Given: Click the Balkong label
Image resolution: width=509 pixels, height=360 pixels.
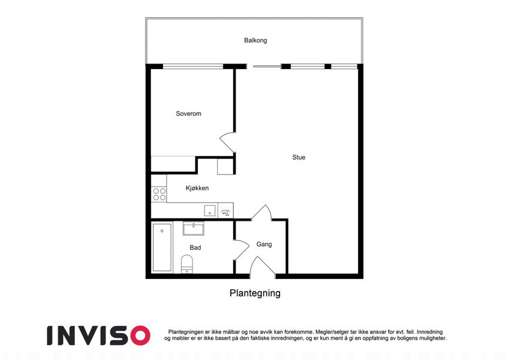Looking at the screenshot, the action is click(255, 40).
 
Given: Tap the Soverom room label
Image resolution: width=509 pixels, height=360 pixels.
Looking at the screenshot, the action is click(188, 113).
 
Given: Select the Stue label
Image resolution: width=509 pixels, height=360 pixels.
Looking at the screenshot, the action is click(299, 157).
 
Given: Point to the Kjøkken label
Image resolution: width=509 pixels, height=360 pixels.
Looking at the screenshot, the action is click(197, 188).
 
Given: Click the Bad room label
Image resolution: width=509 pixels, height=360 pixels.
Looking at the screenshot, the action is click(195, 248).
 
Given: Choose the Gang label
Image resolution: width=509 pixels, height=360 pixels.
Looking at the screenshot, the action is click(264, 244).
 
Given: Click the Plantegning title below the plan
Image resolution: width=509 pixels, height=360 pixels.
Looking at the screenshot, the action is click(255, 293).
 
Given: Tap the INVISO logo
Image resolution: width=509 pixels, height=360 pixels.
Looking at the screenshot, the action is click(98, 335).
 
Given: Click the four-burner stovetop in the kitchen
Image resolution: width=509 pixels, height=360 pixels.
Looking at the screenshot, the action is click(159, 194).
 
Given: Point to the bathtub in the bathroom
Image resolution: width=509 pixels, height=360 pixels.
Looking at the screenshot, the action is click(162, 247).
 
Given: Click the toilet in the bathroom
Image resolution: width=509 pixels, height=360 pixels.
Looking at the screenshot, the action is click(186, 264).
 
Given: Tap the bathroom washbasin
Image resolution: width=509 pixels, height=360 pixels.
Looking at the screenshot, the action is click(193, 228).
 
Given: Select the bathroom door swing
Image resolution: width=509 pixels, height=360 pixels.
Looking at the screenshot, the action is click(241, 250).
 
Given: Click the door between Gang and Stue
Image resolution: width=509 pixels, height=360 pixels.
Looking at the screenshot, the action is click(261, 212).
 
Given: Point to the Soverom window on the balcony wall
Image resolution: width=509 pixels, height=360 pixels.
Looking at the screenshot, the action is click(193, 67).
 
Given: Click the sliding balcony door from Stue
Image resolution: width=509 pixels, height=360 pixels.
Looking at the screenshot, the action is click(267, 67).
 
